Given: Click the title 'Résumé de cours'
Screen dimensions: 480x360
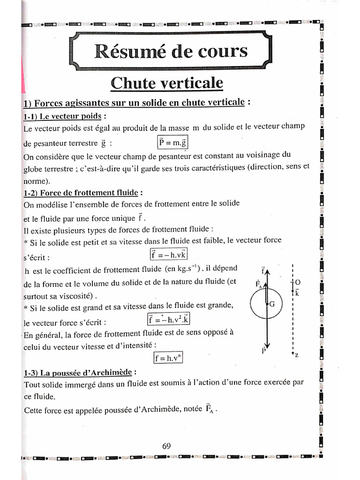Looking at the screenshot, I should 171,51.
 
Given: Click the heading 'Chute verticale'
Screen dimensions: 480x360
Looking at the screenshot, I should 167,83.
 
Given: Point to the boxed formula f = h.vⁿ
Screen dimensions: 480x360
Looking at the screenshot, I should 167,358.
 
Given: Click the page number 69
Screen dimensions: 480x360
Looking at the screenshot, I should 166,446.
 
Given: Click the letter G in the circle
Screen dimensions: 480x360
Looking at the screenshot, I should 271,304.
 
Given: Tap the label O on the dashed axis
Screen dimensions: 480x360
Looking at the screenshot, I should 298,283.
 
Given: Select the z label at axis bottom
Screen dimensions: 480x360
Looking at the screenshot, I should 297,356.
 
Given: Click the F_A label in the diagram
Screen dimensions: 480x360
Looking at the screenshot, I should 258,284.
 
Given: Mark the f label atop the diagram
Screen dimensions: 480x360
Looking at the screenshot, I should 264,270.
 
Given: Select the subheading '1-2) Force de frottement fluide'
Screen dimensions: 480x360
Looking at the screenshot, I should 82,193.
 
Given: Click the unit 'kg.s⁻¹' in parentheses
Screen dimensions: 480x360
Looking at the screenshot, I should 185,269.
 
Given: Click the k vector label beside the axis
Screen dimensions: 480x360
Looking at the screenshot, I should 297,292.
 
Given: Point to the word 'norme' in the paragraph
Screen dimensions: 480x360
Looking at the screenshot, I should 35,180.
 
